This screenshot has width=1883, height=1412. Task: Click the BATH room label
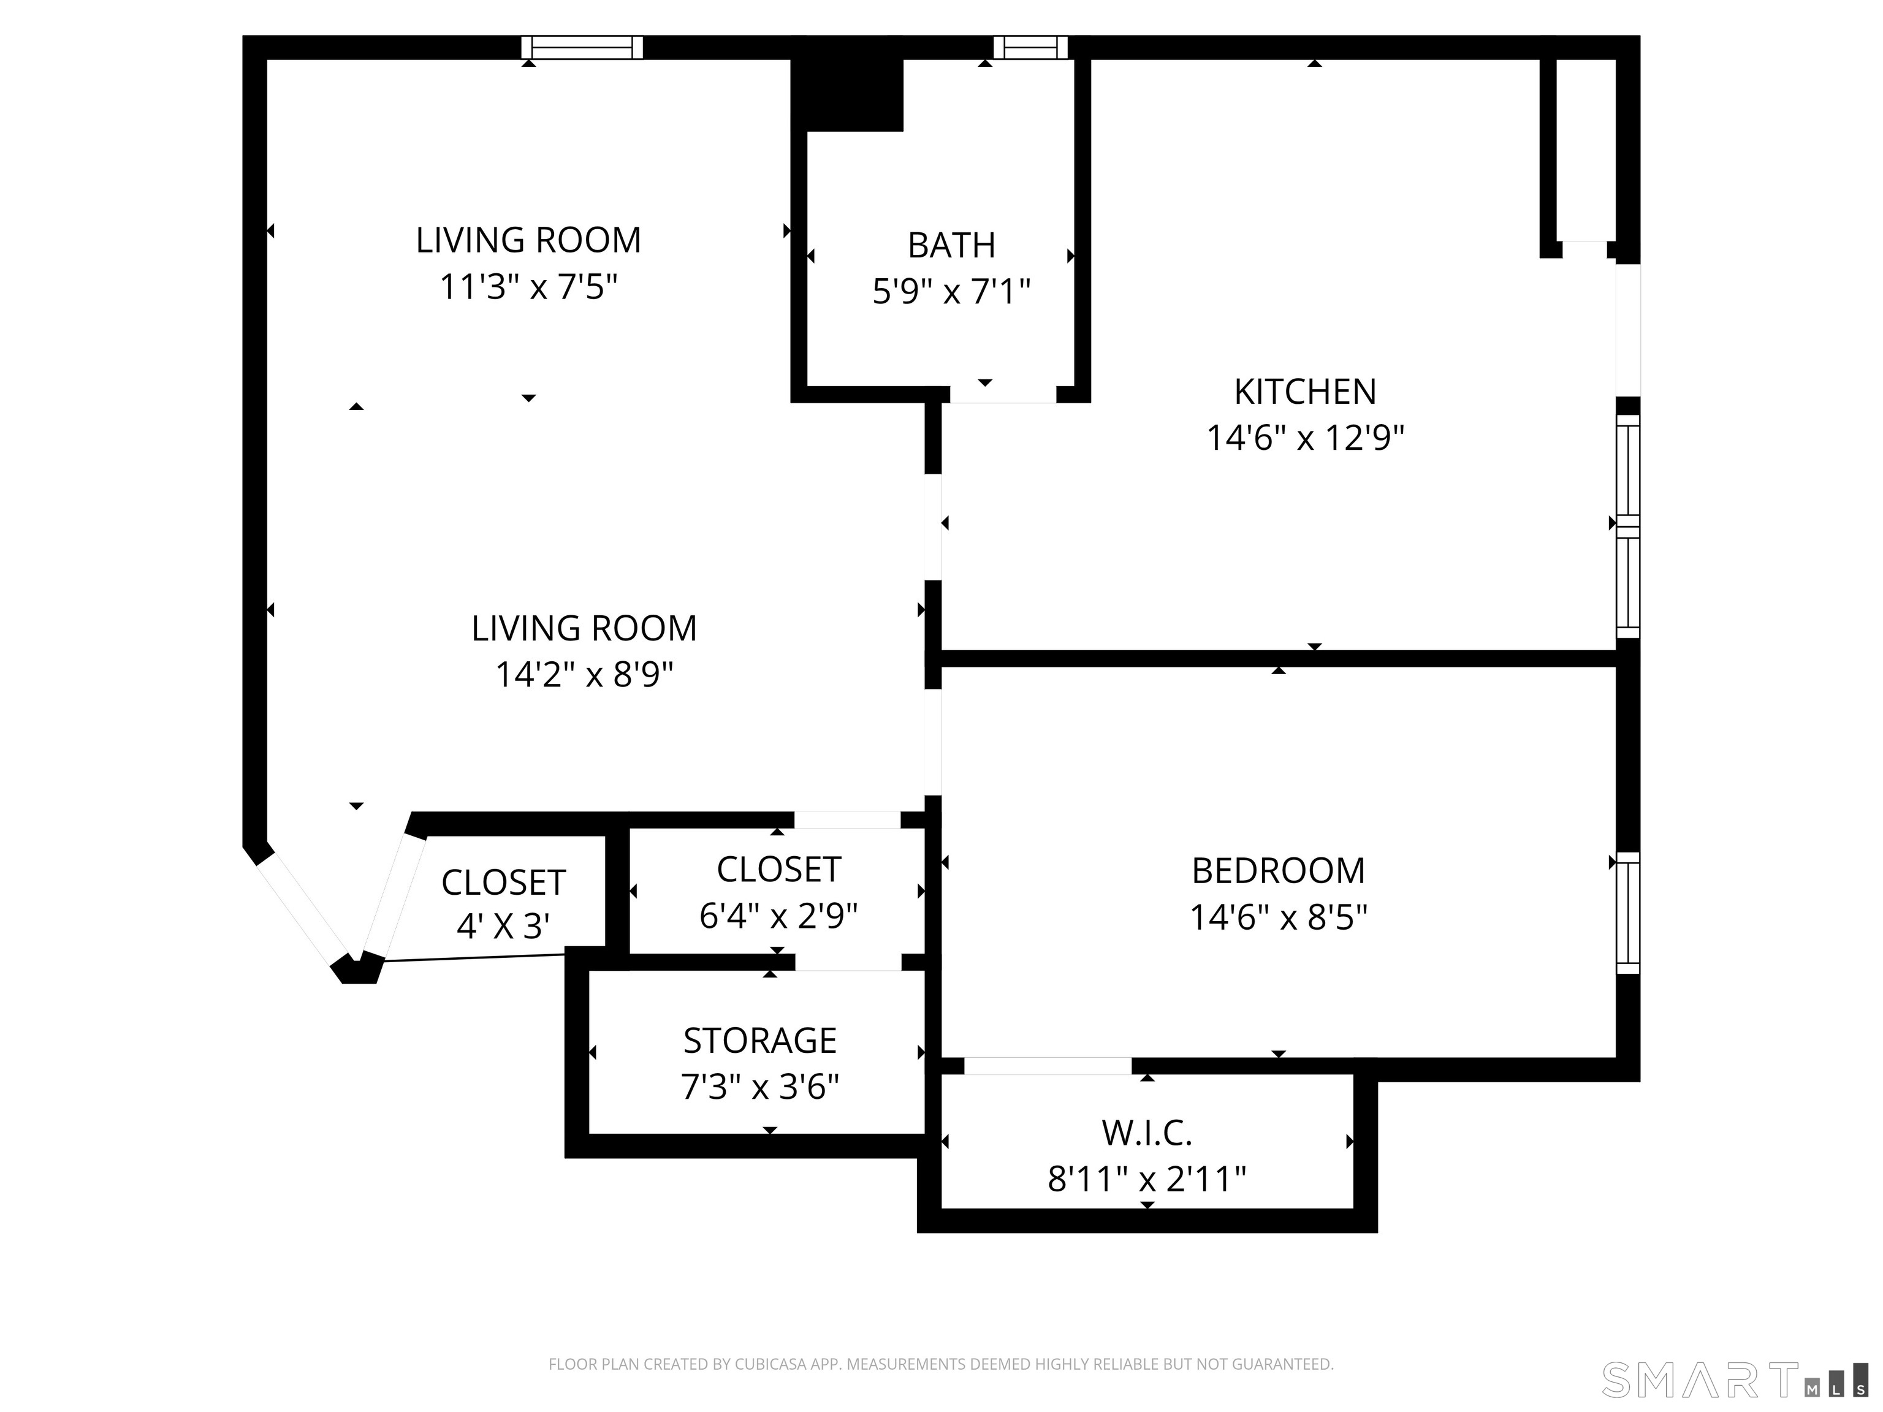(x=951, y=245)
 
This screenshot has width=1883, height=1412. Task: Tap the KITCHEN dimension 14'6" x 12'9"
(x=1304, y=438)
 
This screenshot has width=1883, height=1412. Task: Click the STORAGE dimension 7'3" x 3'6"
(x=759, y=1087)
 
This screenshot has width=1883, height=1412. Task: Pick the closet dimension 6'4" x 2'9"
(x=777, y=916)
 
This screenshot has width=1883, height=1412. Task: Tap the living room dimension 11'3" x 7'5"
(x=528, y=287)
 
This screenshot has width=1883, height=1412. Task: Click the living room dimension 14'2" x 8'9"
(x=584, y=675)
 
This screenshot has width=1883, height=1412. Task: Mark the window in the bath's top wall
(x=1030, y=48)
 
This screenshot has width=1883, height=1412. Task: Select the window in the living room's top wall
(x=582, y=48)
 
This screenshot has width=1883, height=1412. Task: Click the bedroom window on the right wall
(x=1627, y=913)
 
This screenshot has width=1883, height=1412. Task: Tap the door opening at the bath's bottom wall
(x=1003, y=394)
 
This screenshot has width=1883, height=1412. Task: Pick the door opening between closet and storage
(x=848, y=962)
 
